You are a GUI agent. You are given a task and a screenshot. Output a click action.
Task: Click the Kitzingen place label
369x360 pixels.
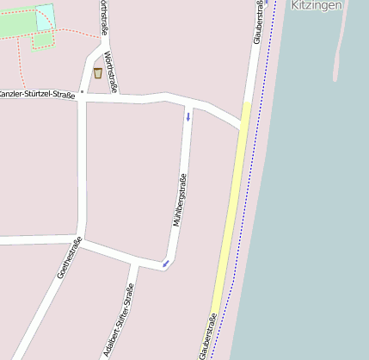[x=317, y=5]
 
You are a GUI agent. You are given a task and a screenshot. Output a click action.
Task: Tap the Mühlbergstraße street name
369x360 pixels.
[x=181, y=200]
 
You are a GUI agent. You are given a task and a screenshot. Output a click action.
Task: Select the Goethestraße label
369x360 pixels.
[x=69, y=258]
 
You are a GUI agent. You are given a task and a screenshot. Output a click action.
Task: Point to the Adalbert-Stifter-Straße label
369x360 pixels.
[x=123, y=321]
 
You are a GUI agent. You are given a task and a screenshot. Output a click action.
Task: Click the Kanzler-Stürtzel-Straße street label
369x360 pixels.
[x=37, y=93]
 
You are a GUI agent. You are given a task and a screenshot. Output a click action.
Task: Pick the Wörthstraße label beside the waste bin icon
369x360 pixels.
[x=109, y=71]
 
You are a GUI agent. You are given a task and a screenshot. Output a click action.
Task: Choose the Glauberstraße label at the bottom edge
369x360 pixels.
[x=206, y=337]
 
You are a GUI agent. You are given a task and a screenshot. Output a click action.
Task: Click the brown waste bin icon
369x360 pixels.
[x=97, y=72]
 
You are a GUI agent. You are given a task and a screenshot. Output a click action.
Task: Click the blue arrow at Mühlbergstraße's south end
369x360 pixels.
[x=165, y=264]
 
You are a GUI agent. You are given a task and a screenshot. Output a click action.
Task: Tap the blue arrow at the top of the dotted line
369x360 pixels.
[x=266, y=3]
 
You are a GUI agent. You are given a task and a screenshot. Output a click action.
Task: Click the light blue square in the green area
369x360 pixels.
[x=45, y=16]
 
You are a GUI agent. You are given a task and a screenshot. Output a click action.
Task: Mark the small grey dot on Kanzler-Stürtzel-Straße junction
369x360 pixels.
[x=82, y=90]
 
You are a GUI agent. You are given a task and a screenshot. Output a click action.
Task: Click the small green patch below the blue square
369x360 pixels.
[x=41, y=40]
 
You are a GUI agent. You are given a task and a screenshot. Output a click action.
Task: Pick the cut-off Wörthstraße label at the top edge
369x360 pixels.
[x=103, y=17]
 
